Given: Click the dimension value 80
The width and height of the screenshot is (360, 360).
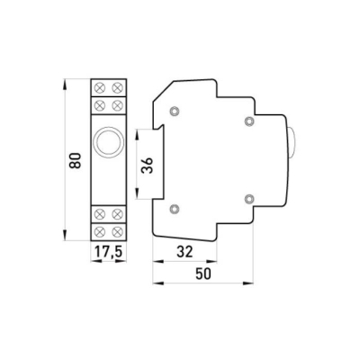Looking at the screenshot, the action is tap(76, 160).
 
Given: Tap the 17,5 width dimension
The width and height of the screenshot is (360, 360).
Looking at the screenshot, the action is tap(108, 252).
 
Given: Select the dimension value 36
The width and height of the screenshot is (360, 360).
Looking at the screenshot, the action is tap(148, 165).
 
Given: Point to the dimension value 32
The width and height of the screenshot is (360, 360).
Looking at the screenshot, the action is tap(184, 252).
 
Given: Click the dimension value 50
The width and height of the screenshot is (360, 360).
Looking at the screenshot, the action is tap(203, 274).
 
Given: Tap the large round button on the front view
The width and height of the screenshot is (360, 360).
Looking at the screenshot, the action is tap(109, 142).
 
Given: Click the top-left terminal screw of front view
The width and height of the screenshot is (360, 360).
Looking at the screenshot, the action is tap(99, 88).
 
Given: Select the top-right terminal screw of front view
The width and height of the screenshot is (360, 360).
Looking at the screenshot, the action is tap(117, 88).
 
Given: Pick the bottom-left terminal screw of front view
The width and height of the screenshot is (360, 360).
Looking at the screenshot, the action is tap(99, 231).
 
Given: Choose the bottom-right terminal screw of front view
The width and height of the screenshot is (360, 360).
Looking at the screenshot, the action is tap(117, 231).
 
